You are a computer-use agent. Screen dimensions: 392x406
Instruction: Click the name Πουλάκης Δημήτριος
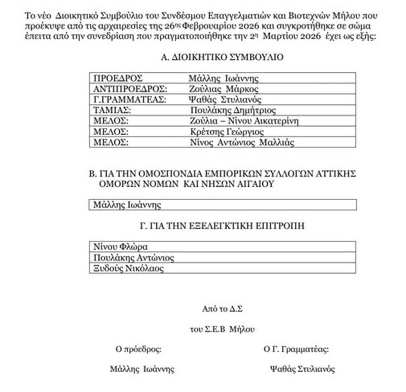click(233, 110)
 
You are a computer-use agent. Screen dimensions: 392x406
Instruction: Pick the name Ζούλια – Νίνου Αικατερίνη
click(245, 121)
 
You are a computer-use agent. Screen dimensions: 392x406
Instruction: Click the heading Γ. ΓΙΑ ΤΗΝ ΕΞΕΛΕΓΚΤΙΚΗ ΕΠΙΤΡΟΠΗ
click(221, 226)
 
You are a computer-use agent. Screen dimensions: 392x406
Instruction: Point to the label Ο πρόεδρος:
click(139, 349)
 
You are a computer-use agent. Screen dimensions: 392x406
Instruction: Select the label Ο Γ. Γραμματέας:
click(296, 349)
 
